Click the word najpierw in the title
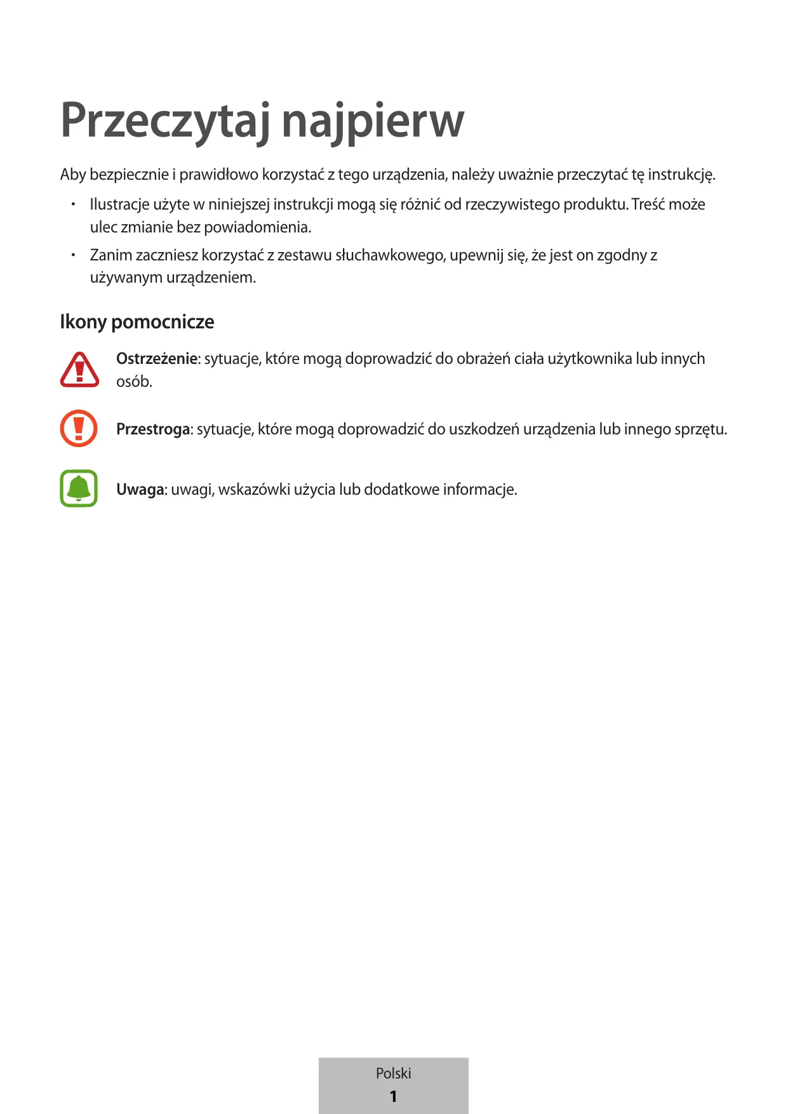pos(373,121)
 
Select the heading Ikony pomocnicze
pos(137,322)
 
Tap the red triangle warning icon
pos(79,370)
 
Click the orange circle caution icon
pos(79,428)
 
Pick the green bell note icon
pos(79,488)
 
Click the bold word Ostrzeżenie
pos(157,359)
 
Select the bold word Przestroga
pos(153,429)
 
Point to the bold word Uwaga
pos(140,490)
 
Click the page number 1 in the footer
pos(393,1096)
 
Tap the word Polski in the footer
pos(393,1073)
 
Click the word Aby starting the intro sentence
pos(73,175)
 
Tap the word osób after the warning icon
pos(133,382)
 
